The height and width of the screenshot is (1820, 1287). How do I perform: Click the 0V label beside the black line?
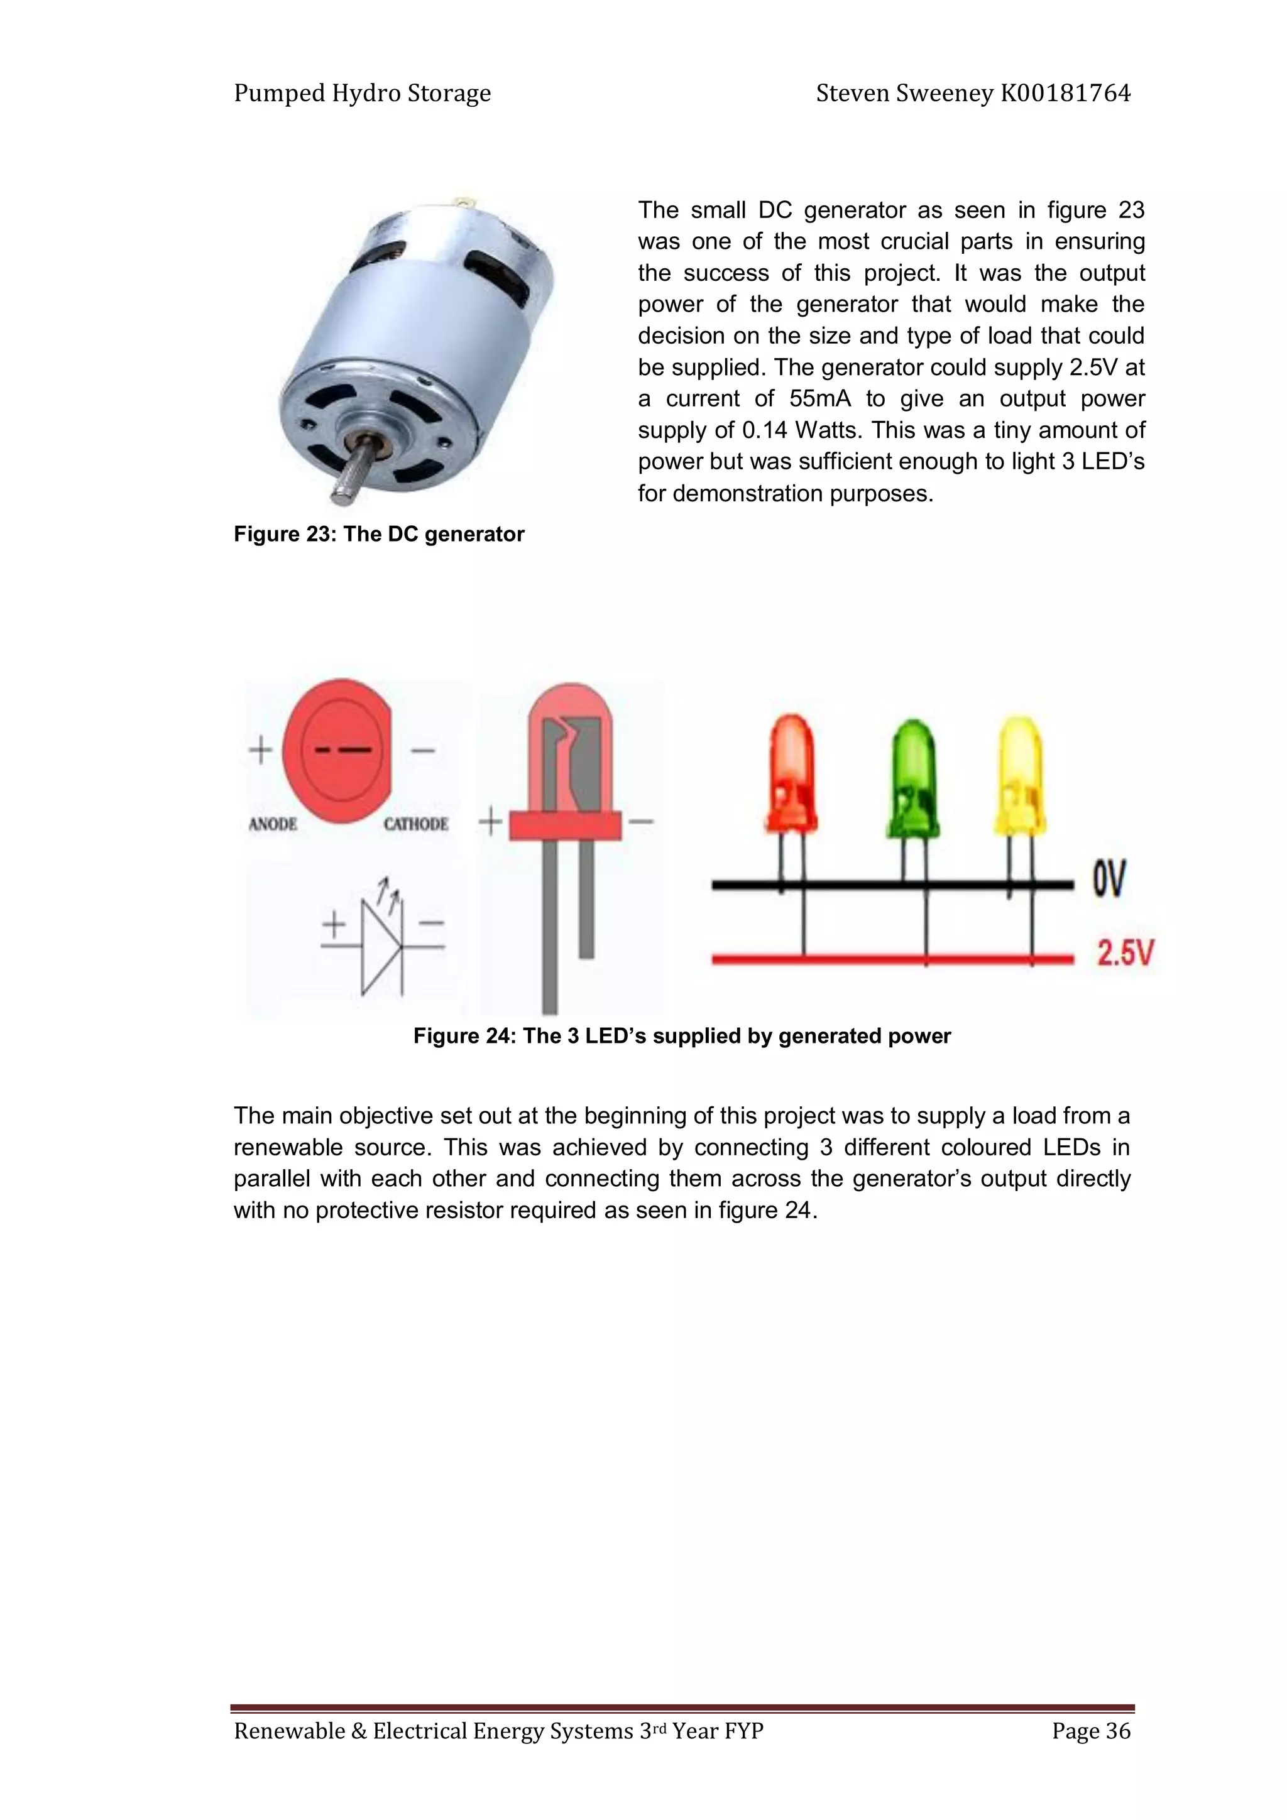click(x=1108, y=878)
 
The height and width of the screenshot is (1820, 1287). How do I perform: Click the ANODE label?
click(x=273, y=824)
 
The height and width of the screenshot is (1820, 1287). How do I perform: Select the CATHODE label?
click(x=415, y=824)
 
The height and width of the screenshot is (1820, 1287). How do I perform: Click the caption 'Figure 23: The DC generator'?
click(x=378, y=534)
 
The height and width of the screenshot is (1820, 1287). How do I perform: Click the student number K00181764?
click(x=1065, y=94)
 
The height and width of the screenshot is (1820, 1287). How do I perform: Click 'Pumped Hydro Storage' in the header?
click(x=363, y=94)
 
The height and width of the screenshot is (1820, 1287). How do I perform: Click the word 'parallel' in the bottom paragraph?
click(x=271, y=1179)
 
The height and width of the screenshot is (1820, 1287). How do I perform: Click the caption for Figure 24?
click(x=681, y=1036)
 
